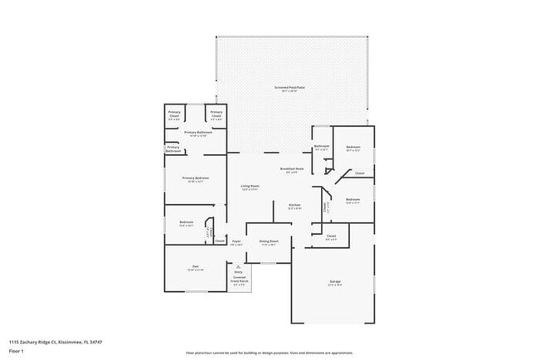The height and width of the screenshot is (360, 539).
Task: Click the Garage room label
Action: pyautogui.click(x=336, y=283)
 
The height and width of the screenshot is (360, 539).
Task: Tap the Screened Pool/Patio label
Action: pyautogui.click(x=288, y=89)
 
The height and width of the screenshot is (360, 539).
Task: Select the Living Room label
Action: pyautogui.click(x=250, y=187)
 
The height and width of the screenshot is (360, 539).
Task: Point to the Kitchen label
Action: pyautogui.click(x=294, y=206)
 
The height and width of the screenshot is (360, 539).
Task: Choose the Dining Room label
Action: pyautogui.click(x=269, y=242)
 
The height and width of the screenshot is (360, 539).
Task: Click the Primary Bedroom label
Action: pyautogui.click(x=196, y=179)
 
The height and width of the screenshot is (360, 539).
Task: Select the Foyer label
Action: pyautogui.click(x=236, y=242)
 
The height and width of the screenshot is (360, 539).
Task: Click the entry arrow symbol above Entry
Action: pyautogui.click(x=239, y=266)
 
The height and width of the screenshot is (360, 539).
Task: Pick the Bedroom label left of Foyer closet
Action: pyautogui.click(x=187, y=222)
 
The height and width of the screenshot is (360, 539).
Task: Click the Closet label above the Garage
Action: pyautogui.click(x=331, y=237)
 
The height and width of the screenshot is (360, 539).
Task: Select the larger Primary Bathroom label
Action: pyautogui.click(x=196, y=133)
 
